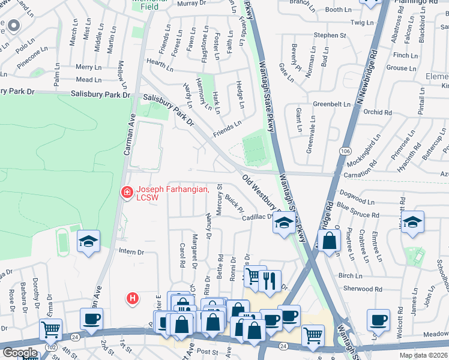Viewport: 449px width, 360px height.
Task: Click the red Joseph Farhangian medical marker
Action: coord(127,193)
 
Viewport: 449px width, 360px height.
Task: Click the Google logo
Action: coord(19,353)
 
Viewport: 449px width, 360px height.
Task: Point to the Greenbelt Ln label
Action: coord(331,104)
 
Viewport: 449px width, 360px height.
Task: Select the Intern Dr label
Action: coord(132,251)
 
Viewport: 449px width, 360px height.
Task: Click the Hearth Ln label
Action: coord(159,62)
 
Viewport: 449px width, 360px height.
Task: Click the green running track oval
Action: coord(63,244)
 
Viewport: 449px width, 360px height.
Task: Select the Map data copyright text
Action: coord(423,355)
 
